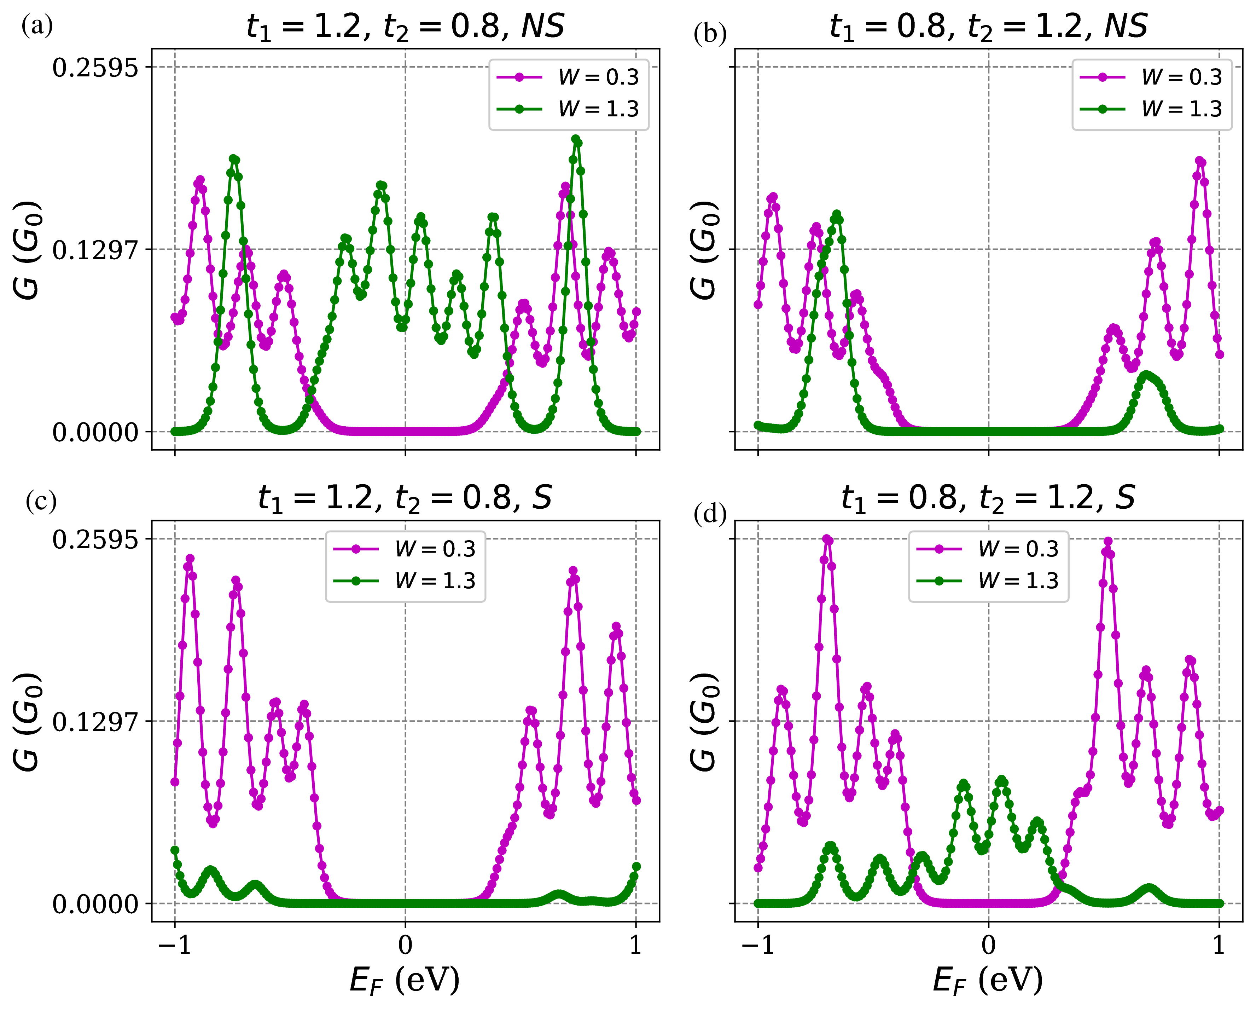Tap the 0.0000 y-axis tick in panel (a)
click(x=95, y=432)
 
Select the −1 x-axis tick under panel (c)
click(x=175, y=944)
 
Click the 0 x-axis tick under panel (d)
click(x=989, y=944)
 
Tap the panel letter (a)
click(x=37, y=25)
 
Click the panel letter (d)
click(x=710, y=515)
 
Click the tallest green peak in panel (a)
click(x=576, y=140)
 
